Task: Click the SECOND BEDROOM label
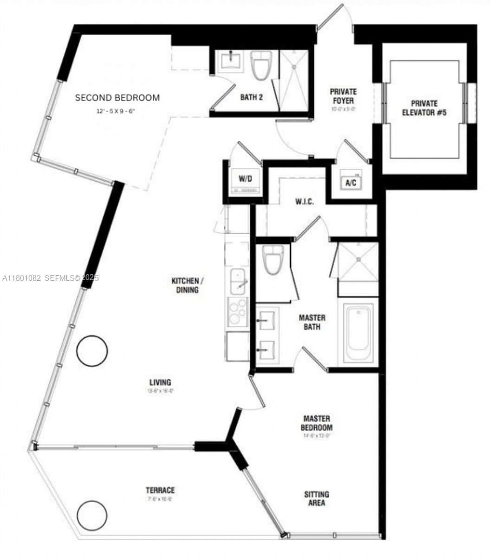point(117,98)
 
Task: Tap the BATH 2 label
point(252,97)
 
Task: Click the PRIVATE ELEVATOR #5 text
point(424,108)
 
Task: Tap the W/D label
point(245,179)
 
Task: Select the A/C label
point(351,183)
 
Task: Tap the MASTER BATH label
point(312,322)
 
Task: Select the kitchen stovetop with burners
point(237,312)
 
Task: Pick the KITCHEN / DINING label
point(187,285)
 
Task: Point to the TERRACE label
point(160,490)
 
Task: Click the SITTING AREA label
point(317,499)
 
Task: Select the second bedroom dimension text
point(117,111)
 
